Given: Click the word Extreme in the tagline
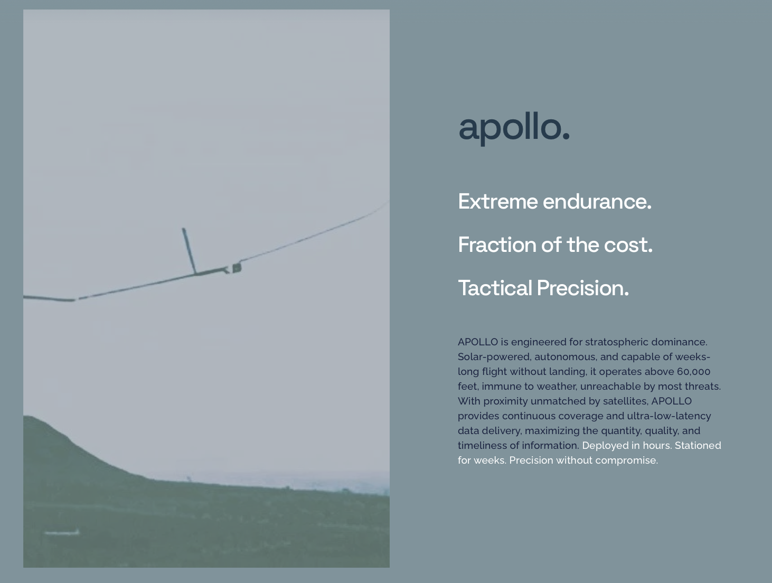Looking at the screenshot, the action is [498, 202].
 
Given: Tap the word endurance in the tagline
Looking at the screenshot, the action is [597, 202].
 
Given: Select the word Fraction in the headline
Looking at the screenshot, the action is [497, 245].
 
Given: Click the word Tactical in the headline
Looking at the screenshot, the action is [495, 288].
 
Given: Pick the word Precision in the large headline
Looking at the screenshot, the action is [583, 288].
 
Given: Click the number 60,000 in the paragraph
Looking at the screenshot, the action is [693, 372].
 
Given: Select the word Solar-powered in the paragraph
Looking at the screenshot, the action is [494, 357].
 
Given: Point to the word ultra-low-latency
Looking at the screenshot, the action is [669, 416].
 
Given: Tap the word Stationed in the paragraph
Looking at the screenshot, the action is [698, 446].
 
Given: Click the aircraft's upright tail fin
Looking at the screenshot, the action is [189, 250].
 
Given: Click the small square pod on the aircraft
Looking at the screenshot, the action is [237, 268].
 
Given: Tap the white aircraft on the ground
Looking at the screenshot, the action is [62, 533].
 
